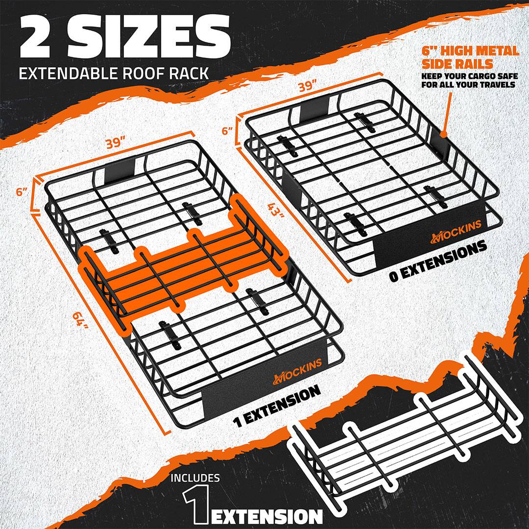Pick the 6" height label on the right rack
226,131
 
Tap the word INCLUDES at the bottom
195,478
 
